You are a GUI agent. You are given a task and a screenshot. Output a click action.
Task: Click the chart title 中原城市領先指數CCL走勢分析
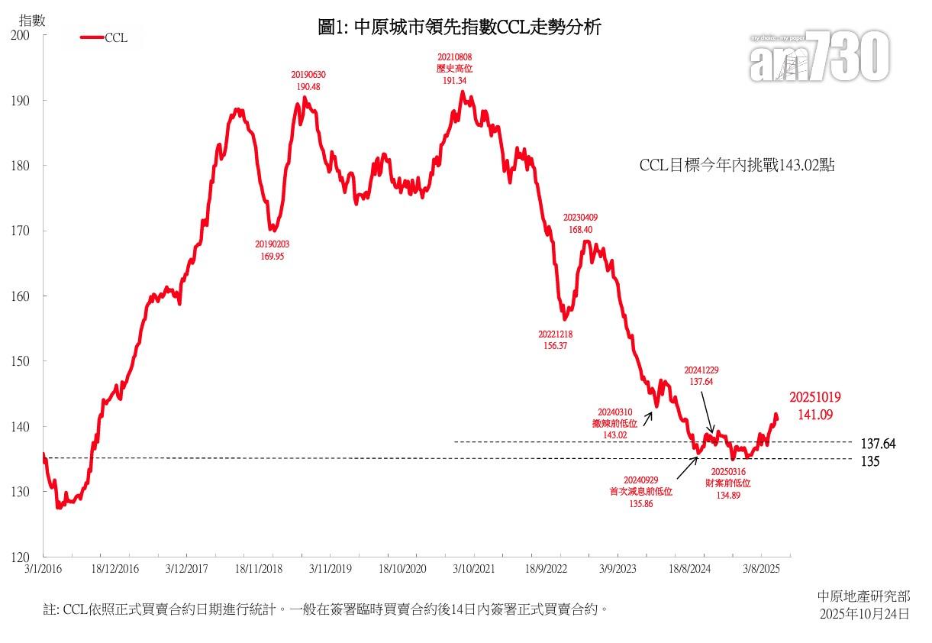click(460, 28)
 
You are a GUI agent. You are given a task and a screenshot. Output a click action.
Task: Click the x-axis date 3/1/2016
click(43, 569)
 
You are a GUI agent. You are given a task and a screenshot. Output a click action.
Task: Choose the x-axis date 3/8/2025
click(761, 569)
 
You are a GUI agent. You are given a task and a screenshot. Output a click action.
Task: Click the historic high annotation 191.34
click(455, 79)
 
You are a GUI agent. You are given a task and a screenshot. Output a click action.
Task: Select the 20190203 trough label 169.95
click(272, 257)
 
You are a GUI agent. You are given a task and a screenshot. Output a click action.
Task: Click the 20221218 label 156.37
click(556, 345)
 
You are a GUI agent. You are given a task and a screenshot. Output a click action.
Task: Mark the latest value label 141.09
click(814, 415)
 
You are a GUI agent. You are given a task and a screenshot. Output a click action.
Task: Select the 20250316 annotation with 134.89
click(730, 495)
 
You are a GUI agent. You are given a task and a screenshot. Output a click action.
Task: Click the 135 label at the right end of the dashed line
click(871, 461)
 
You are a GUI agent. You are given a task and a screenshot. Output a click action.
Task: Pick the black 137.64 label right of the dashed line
click(878, 444)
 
